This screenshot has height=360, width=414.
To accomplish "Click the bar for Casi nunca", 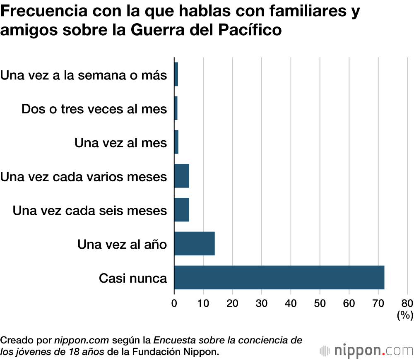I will coord(279,278).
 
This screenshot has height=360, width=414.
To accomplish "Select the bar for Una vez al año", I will coord(194,244).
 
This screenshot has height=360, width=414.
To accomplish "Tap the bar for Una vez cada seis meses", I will coord(181,210).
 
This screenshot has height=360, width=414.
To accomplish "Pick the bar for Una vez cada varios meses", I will coord(181,176).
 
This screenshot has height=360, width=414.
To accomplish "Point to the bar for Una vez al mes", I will coord(176,142).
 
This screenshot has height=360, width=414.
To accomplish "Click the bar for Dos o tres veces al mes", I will coord(176,108).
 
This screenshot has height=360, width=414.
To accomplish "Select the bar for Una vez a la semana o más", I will coord(176,74).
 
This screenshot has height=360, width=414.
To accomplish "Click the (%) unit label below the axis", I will coord(405,316).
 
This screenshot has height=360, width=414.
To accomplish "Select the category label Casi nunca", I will coord(133,278).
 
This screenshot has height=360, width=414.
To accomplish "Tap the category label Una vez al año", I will coord(122,244).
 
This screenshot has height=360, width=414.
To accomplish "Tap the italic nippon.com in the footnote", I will coord(82,341).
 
